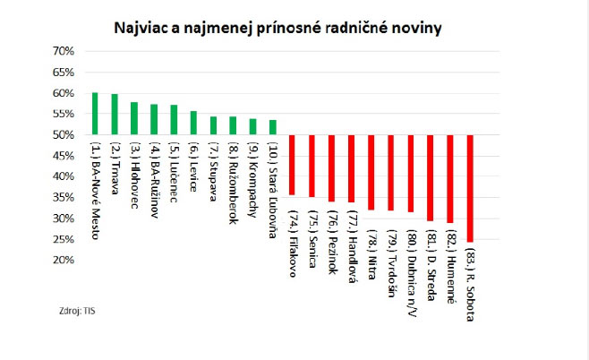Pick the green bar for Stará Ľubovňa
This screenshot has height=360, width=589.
(273, 127)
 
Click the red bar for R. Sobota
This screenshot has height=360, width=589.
(470, 188)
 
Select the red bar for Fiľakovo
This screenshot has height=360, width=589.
(292, 165)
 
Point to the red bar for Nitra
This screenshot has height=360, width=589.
(371, 172)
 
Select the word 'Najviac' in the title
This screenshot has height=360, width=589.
(141, 27)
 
